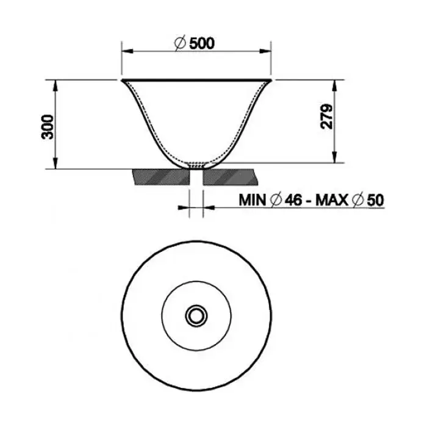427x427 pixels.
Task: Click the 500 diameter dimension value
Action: tap(202, 43)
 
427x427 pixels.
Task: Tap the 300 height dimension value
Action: tap(48, 127)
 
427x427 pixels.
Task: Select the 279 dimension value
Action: tap(326, 117)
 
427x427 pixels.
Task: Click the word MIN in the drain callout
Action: tap(252, 200)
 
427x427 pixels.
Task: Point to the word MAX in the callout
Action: tap(332, 200)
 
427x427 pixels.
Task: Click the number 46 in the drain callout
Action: tap(293, 200)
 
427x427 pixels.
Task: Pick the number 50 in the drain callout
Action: tap(375, 200)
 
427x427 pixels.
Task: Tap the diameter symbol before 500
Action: tap(180, 43)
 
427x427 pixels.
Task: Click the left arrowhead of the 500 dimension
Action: tap(127, 51)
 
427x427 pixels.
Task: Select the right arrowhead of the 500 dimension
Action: tap(265, 51)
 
